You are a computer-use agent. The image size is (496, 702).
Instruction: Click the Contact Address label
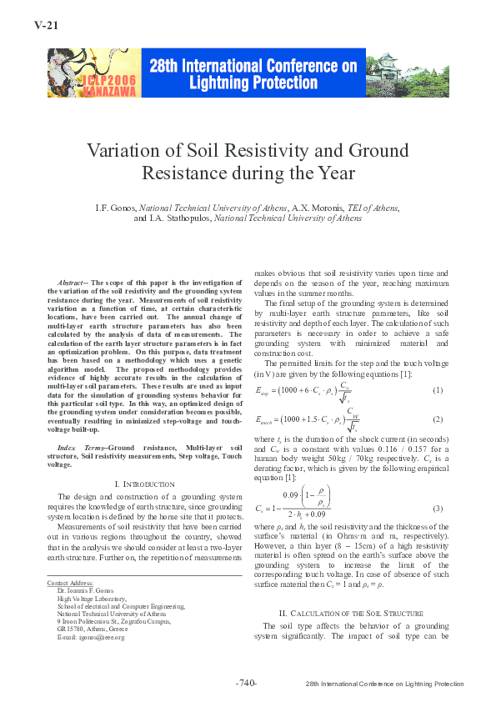(x=70, y=582)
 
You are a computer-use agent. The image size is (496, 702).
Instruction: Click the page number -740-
(x=247, y=683)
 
